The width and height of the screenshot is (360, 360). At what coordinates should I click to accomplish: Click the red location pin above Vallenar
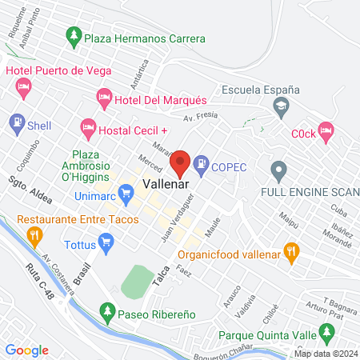181,162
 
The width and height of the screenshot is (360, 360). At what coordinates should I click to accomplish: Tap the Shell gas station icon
16,125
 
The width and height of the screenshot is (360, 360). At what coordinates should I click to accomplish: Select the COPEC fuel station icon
201,166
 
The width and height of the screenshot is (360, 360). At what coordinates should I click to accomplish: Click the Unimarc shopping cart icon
125,193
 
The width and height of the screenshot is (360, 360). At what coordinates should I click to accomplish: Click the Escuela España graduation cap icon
281,106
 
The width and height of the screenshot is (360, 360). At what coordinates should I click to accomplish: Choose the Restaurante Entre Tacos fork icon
34,236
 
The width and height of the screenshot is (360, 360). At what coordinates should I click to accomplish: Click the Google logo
27,350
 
